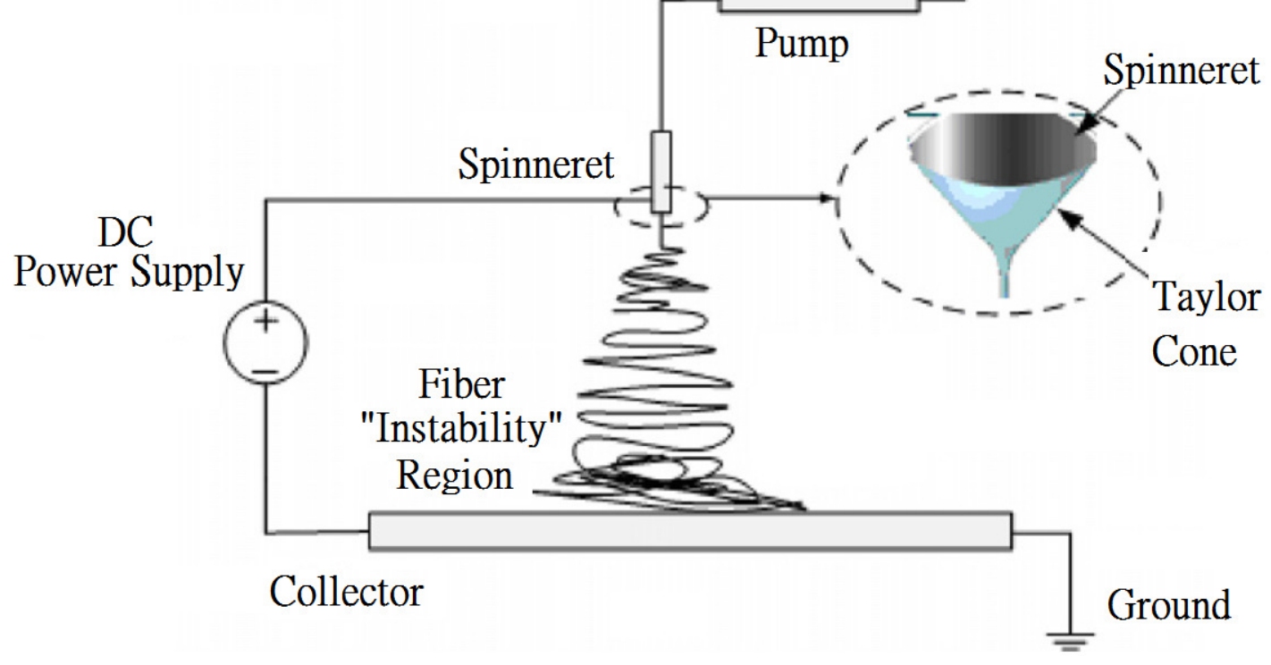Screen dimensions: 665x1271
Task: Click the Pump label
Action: [800, 43]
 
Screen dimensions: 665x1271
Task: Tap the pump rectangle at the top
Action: [818, 5]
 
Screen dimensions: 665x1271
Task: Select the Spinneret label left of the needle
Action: [536, 164]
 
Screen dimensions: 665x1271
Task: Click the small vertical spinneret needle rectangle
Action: [661, 171]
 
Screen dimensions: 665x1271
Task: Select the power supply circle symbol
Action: [265, 342]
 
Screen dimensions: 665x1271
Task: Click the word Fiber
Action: [462, 385]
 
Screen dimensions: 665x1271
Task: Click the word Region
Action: [455, 475]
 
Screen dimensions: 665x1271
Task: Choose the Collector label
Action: [347, 591]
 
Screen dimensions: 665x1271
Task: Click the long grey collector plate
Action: [689, 531]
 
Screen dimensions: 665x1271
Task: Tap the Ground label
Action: [1168, 605]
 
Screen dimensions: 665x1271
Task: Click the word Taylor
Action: [1207, 297]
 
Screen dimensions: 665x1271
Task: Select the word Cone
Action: [1193, 351]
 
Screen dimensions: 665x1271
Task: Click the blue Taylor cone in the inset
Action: [1006, 228]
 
